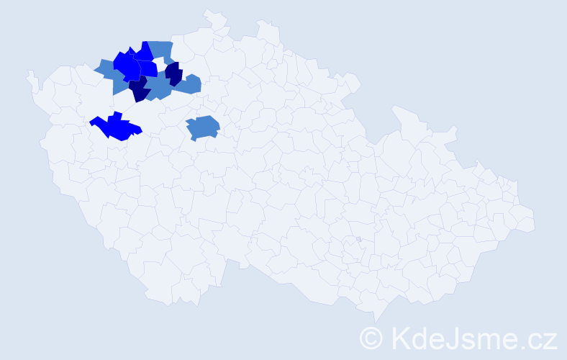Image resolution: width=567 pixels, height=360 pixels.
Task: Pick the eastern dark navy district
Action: tap(173, 73)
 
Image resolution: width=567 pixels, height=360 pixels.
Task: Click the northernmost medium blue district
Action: tap(162, 50)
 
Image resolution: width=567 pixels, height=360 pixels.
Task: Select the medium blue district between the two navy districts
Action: tap(158, 87)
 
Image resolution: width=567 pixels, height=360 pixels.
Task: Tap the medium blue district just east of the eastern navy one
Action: tap(189, 84)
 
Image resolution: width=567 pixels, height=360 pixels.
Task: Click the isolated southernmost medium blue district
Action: tap(203, 127)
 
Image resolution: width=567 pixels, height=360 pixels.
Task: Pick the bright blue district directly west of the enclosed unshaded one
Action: tap(148, 68)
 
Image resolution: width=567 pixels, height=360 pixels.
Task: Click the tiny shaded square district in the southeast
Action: tap(358, 239)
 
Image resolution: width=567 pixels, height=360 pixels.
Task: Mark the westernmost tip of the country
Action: tap(28, 73)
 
